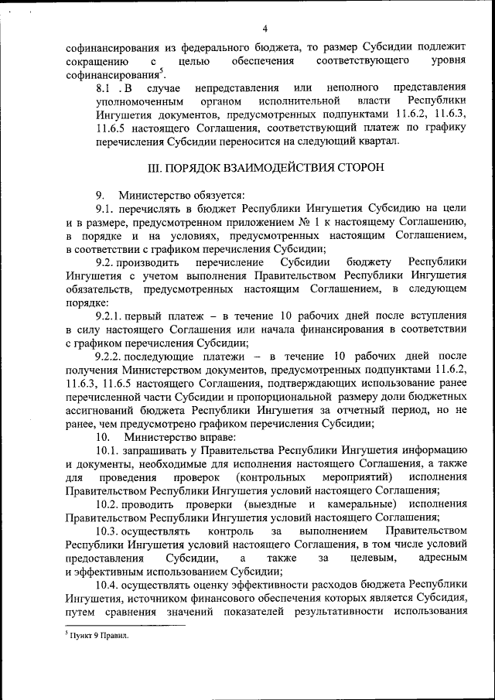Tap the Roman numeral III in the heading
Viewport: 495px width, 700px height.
pyautogui.click(x=155, y=167)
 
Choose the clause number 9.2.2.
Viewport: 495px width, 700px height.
pyautogui.click(x=111, y=356)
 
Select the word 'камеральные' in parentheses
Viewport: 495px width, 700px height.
pyautogui.click(x=353, y=504)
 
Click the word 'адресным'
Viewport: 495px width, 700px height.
pyautogui.click(x=442, y=558)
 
